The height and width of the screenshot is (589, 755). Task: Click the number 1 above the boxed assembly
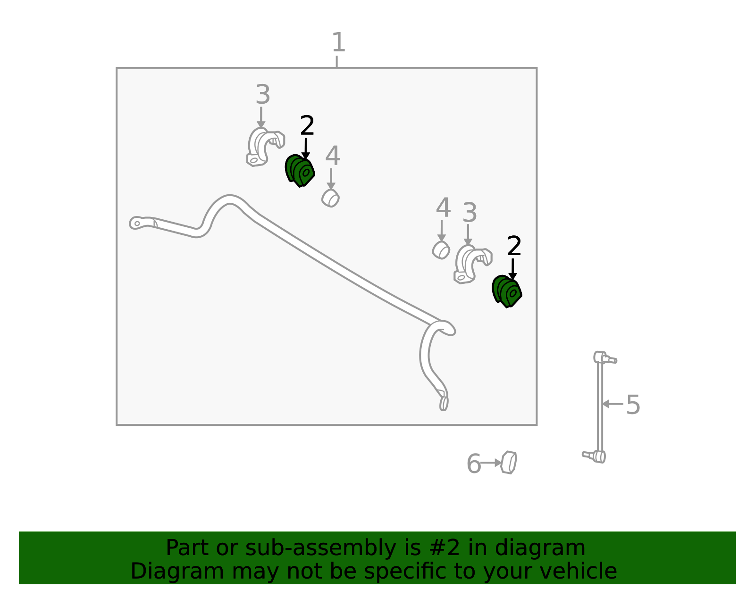[x=338, y=42]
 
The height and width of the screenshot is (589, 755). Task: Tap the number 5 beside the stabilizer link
[x=633, y=405]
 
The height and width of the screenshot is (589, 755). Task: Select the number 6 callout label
[x=474, y=464]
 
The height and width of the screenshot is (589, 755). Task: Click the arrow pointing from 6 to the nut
[x=491, y=463]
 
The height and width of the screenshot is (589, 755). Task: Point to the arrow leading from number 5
[x=612, y=404]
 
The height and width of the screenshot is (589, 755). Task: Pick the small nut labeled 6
[x=509, y=462]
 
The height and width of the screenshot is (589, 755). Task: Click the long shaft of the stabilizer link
[x=600, y=407]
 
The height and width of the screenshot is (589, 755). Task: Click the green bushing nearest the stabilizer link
[x=507, y=291]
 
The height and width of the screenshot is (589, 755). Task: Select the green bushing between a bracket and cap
[x=300, y=170]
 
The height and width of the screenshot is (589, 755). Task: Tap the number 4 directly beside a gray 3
[x=444, y=207]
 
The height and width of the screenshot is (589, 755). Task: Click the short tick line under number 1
[x=336, y=61]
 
